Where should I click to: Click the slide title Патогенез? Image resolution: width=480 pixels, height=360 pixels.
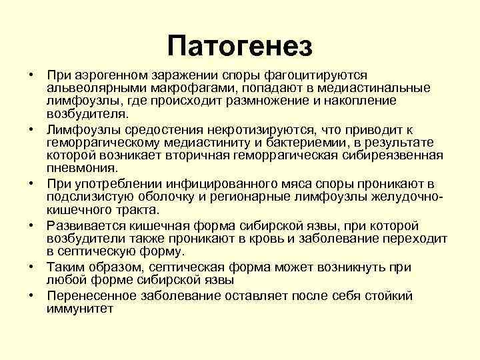240,46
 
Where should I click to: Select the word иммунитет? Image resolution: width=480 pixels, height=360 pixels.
80,309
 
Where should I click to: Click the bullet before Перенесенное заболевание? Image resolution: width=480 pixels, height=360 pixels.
31,296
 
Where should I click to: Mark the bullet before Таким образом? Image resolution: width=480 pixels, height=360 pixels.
31,267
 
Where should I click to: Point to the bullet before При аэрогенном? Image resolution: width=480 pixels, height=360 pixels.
31,75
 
